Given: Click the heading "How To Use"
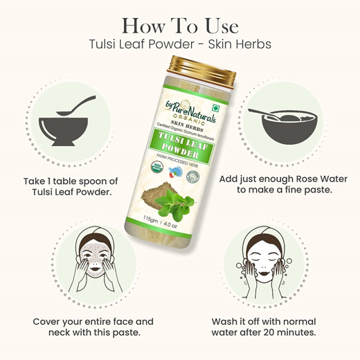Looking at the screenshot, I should click(179, 26).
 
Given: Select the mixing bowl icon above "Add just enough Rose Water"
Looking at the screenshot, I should click(289, 123).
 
